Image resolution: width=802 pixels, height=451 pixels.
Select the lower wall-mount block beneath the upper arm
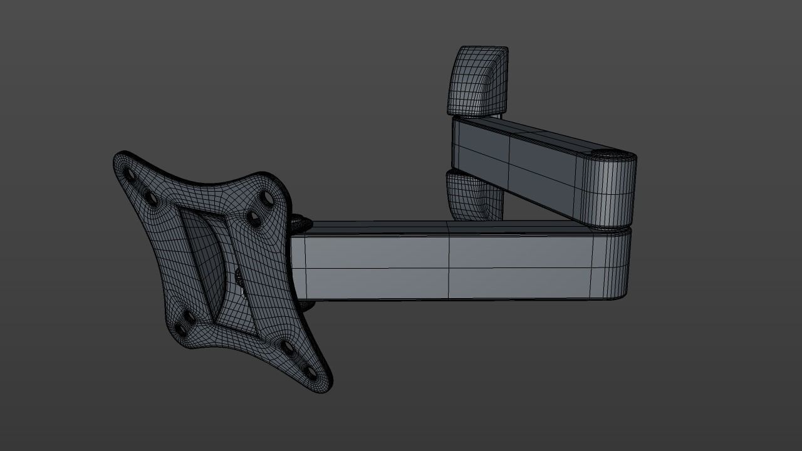(x=474, y=195)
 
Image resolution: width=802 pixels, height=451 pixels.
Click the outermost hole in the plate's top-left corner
(x=130, y=173)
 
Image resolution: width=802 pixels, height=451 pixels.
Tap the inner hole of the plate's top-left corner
(x=151, y=198)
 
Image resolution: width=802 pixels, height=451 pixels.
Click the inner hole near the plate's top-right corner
(x=253, y=218)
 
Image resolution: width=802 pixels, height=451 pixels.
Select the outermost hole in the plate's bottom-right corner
(x=311, y=373)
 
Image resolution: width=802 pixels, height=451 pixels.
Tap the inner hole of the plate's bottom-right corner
(x=288, y=347)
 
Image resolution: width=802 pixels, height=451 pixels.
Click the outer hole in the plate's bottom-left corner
(x=181, y=329)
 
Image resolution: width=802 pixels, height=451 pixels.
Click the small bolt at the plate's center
(x=239, y=276)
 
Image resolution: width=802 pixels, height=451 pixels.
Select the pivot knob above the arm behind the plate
(x=299, y=220)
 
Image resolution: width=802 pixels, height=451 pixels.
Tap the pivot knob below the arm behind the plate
(x=306, y=306)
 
